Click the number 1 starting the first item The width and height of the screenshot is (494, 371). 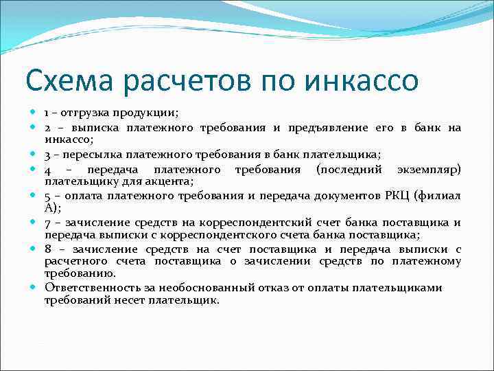47,112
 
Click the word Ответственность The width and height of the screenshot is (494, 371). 89,288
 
